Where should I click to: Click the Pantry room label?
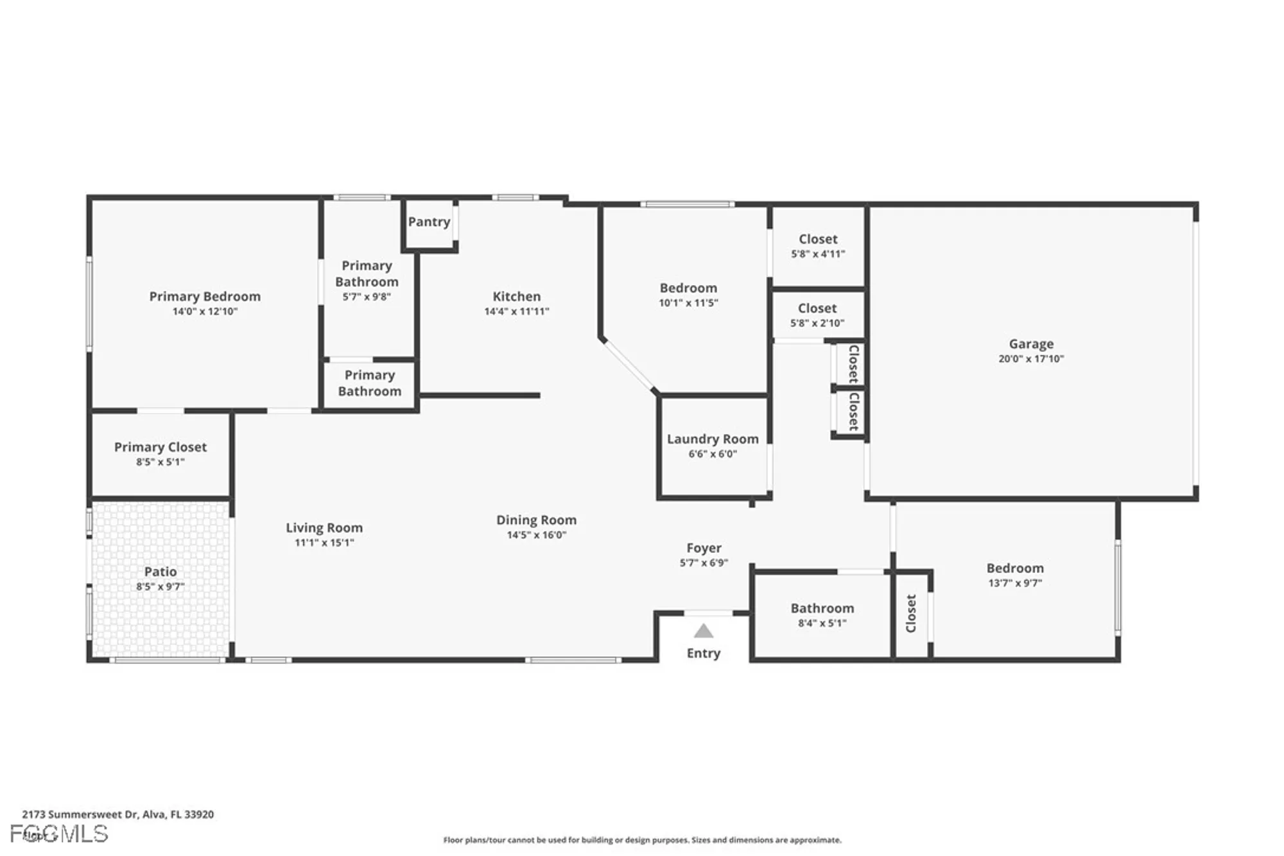click(429, 222)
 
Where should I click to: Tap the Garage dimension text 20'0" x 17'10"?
click(1030, 359)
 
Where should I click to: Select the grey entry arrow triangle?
click(704, 631)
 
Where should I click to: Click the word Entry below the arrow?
click(704, 653)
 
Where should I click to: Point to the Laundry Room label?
click(713, 439)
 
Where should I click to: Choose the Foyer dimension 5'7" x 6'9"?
click(704, 563)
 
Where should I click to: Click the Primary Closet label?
click(160, 448)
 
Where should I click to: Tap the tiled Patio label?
click(160, 572)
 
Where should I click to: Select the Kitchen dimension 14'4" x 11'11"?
click(516, 311)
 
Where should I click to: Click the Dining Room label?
click(536, 520)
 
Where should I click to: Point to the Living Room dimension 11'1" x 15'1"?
click(324, 543)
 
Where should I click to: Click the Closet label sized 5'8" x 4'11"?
click(818, 240)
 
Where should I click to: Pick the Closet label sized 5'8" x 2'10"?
click(817, 309)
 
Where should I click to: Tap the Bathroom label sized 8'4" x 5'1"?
click(822, 608)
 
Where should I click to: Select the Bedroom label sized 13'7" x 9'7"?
click(1014, 568)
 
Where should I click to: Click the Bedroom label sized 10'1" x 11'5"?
click(688, 288)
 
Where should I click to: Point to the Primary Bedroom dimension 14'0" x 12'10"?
click(205, 311)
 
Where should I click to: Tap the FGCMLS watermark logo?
click(59, 834)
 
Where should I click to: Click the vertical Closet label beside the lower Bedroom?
click(910, 613)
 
